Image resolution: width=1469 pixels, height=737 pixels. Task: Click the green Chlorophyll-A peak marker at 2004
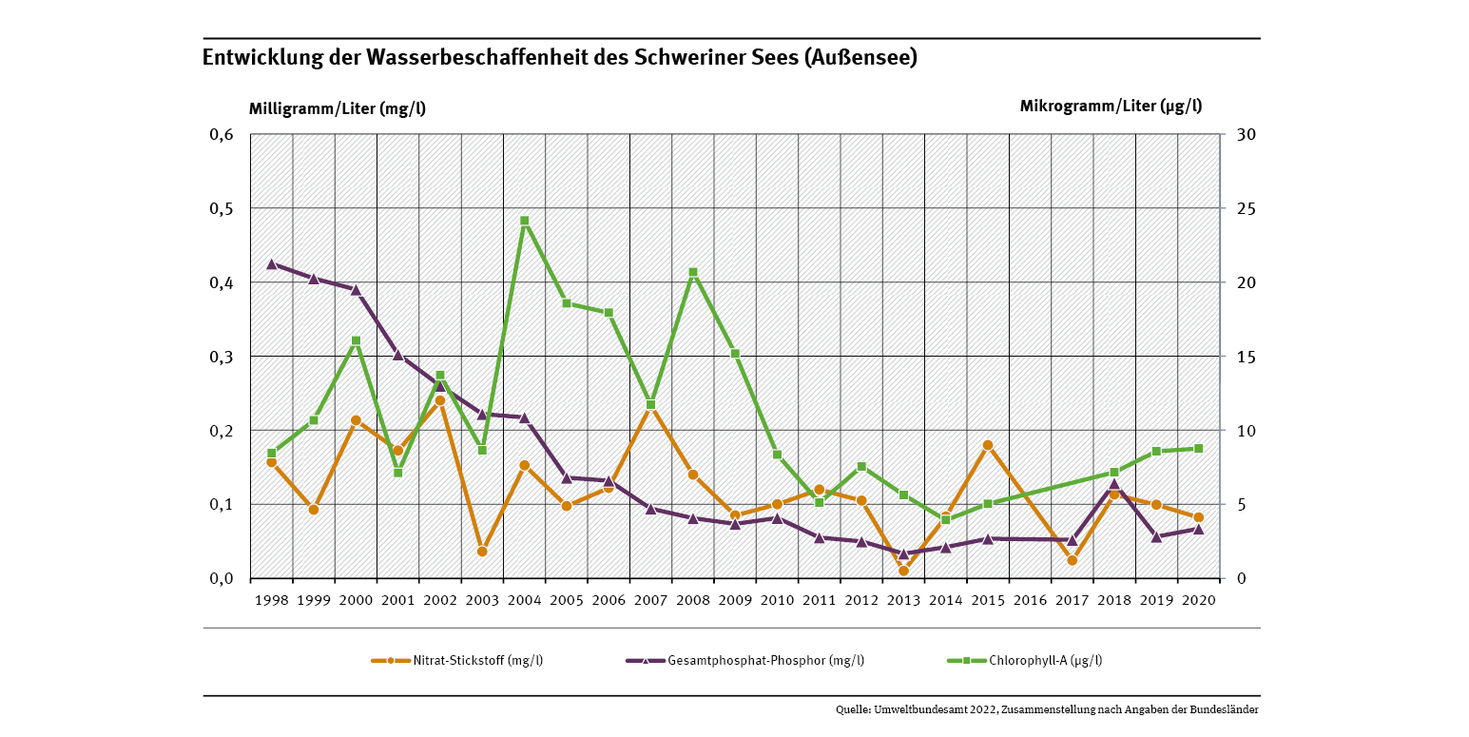524,221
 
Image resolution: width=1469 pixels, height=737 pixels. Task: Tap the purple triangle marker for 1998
272,263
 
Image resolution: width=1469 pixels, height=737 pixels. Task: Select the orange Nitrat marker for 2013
903,571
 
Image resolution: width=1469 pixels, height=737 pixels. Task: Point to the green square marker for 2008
693,273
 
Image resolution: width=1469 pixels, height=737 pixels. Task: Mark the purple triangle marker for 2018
1114,484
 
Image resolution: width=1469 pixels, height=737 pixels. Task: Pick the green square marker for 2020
1198,448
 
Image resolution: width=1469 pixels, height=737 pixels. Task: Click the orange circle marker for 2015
988,445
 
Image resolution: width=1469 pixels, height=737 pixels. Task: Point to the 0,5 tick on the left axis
221,208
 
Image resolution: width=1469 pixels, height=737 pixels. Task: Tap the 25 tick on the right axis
1243,208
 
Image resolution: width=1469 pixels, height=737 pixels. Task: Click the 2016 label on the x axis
1030,601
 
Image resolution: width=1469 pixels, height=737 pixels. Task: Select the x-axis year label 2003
482,601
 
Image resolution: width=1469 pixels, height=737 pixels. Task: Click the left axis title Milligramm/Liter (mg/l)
337,107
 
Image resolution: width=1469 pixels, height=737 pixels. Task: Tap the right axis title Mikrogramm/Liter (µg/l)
1111,106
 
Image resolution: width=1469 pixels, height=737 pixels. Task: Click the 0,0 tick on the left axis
221,578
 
